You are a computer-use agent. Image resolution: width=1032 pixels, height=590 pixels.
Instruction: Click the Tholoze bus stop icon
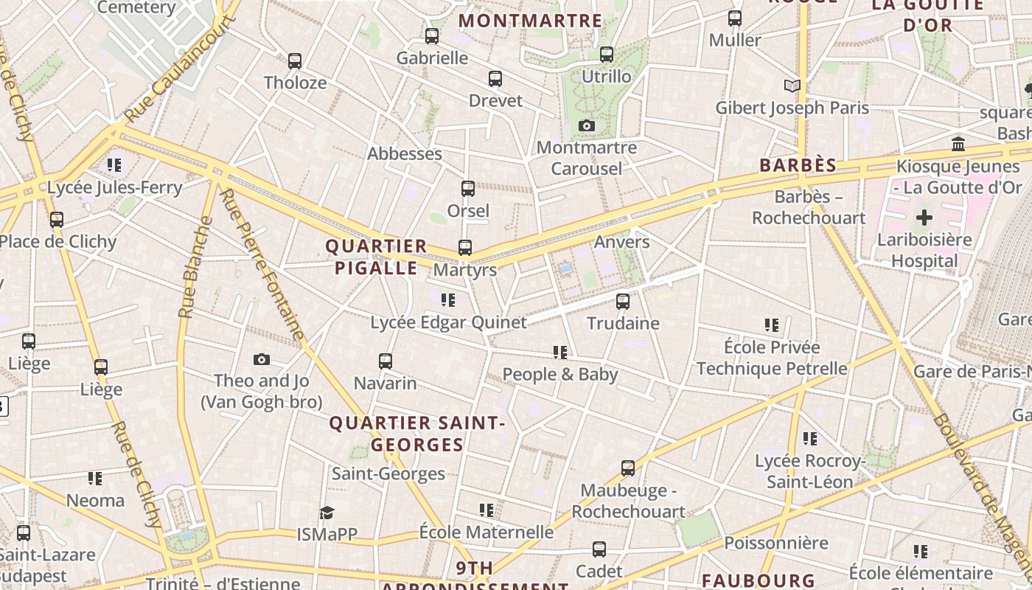point(295,60)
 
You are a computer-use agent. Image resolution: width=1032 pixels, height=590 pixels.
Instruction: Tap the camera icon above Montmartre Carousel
point(587,125)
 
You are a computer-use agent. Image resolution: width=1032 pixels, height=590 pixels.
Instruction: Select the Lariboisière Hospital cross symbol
point(924,218)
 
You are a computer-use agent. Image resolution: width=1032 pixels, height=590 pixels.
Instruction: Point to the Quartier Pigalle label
point(377,257)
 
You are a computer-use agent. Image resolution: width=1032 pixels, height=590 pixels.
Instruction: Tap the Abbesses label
point(405,153)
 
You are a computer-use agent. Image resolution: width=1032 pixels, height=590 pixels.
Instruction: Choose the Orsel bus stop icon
point(468,189)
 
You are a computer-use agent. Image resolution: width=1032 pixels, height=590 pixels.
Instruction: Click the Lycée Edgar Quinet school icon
point(448,299)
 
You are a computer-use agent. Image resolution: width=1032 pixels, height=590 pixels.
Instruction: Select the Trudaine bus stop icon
point(623,301)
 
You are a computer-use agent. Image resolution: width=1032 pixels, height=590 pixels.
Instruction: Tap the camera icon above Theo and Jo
point(262,359)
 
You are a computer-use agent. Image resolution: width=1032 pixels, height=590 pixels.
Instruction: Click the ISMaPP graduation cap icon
point(327,513)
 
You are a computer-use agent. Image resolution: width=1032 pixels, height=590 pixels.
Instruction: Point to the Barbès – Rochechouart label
point(809,207)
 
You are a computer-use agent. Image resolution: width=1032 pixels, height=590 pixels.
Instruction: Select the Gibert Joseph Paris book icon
point(792,86)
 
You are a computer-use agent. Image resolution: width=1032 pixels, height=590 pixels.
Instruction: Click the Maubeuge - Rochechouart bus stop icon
point(628,468)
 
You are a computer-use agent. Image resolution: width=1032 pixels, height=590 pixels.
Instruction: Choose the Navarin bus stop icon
point(386,361)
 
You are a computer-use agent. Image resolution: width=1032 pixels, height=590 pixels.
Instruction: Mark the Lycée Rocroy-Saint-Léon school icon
point(810,439)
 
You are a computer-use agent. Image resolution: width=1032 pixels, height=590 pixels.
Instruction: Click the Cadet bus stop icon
point(599,549)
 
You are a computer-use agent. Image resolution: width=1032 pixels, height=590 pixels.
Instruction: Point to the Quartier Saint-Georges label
point(417,434)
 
